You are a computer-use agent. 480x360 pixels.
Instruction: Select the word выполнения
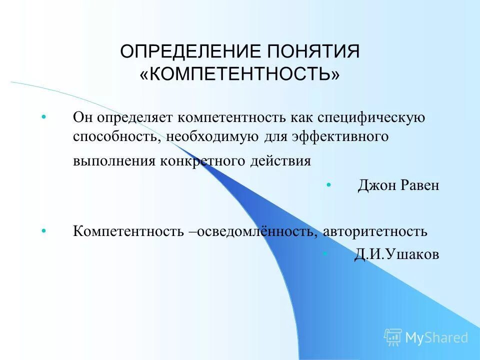[x=114, y=161]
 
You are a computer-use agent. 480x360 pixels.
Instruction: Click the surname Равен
[x=420, y=185]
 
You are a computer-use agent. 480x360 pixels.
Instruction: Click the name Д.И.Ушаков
[x=396, y=255]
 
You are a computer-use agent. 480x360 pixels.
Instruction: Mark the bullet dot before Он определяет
[x=44, y=117]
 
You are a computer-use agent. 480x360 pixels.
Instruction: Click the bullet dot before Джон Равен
[x=328, y=185]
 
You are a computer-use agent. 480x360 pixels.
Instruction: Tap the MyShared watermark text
[x=436, y=337]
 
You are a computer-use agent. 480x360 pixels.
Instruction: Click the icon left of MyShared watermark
[x=393, y=337]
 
